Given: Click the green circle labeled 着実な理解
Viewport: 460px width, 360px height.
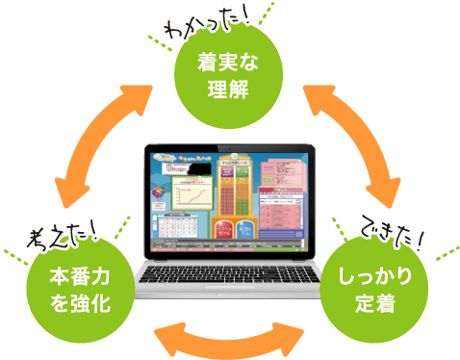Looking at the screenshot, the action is [229, 76].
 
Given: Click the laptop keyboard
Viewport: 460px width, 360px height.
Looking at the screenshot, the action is [229, 276].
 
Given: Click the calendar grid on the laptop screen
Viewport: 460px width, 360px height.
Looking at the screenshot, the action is [179, 230].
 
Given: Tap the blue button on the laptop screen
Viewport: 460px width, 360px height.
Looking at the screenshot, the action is [244, 230].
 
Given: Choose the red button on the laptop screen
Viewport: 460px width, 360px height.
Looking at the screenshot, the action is [221, 230].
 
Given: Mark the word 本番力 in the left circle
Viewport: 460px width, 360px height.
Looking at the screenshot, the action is [82, 276].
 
